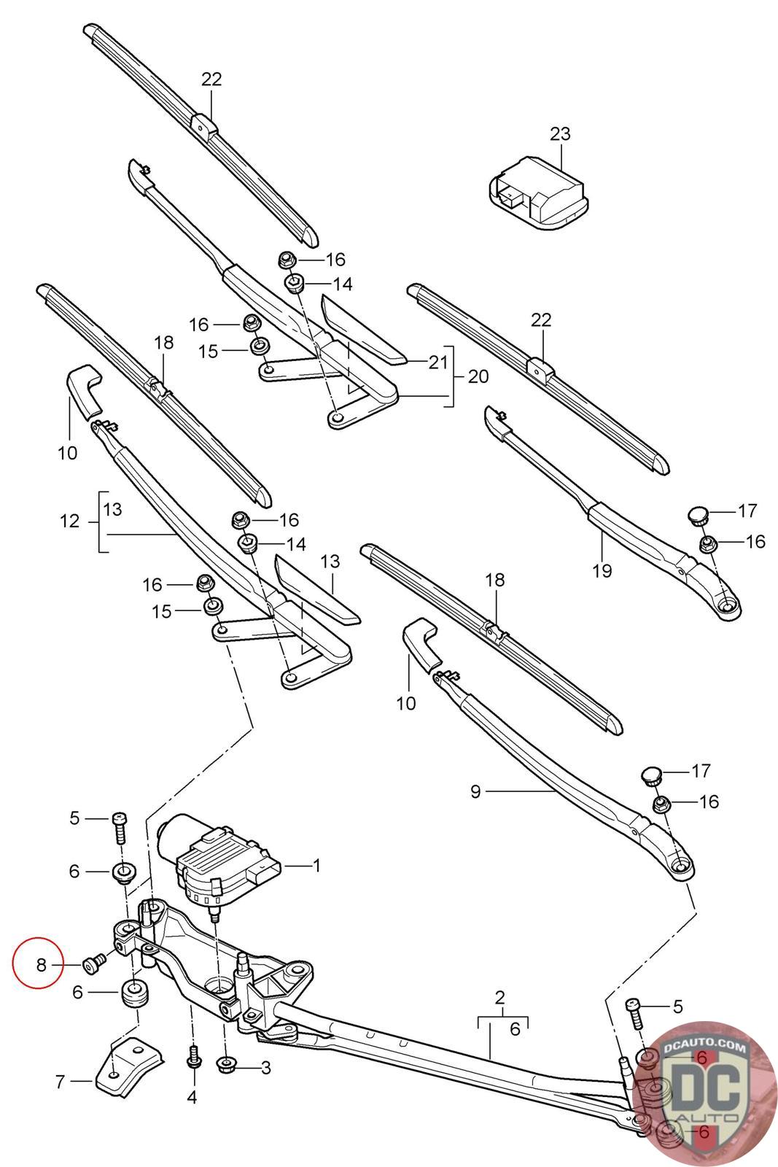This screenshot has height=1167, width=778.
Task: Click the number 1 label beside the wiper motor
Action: click(x=316, y=866)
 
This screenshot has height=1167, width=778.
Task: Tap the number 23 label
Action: click(x=560, y=134)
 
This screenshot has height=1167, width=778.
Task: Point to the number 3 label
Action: click(x=266, y=1068)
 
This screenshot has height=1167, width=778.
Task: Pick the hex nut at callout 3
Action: click(x=227, y=1066)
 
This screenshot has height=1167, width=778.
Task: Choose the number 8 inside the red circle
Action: click(x=41, y=966)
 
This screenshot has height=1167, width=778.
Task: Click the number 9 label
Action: click(x=475, y=791)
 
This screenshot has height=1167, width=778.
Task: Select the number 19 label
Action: click(x=602, y=570)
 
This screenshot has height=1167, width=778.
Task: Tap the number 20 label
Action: click(x=478, y=376)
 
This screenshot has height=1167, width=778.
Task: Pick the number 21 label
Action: click(x=437, y=362)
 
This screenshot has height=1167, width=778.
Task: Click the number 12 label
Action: click(x=69, y=522)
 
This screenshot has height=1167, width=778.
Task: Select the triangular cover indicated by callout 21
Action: click(x=362, y=328)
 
